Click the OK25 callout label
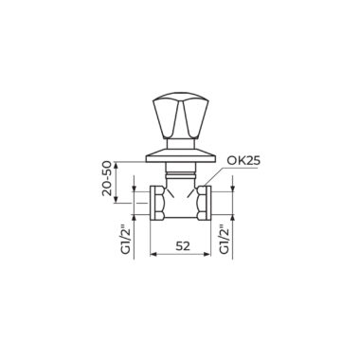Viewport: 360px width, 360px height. [x=243, y=161]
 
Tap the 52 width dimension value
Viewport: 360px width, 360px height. [x=183, y=246]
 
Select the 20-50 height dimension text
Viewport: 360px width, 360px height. [x=107, y=178]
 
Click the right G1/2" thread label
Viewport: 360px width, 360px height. [x=225, y=239]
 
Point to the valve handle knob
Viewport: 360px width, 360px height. [x=180, y=116]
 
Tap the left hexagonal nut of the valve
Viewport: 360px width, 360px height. [x=157, y=203]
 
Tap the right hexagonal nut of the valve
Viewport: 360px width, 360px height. [x=204, y=203]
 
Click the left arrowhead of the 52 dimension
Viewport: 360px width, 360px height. [x=153, y=254]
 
